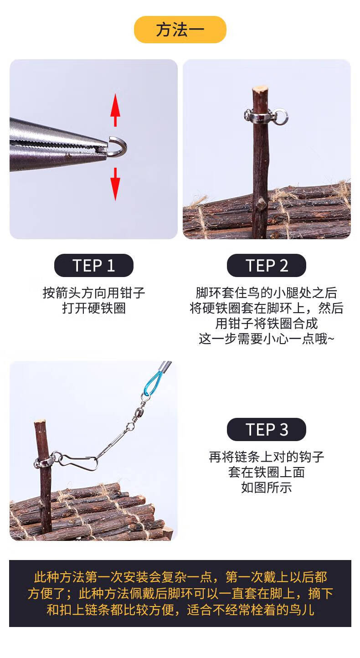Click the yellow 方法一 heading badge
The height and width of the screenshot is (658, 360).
180,30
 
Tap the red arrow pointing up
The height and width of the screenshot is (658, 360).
115,110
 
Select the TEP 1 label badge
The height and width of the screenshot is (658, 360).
94,266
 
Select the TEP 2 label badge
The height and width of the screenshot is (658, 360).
267,266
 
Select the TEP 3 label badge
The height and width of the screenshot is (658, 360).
267,429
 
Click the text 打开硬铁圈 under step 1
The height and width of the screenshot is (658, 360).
94,308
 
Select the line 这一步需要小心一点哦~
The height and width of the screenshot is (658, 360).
267,339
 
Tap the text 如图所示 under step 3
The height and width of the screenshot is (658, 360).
267,487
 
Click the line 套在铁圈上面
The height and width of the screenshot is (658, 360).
267,472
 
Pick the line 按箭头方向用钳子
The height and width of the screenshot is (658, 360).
94,293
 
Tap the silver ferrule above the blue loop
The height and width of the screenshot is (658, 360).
165,366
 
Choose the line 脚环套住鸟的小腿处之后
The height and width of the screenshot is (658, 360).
267,293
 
